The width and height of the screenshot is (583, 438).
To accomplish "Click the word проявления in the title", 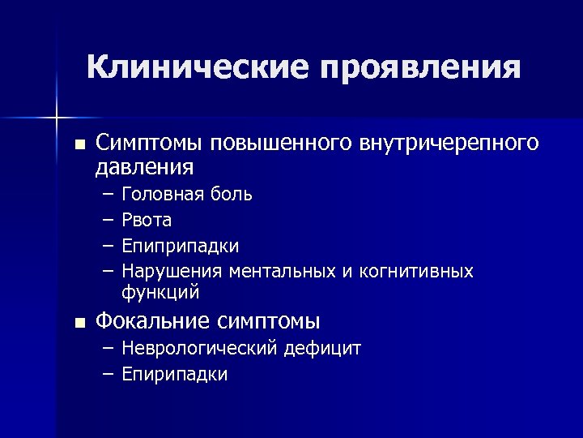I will (419, 68).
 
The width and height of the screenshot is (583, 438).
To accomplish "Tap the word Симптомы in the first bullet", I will (151, 143).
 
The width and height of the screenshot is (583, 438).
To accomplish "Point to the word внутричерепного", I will (449, 143).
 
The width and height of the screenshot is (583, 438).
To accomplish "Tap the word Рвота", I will (147, 220).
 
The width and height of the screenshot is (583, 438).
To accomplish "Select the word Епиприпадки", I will (180, 246).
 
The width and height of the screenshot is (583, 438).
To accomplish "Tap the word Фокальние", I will (153, 321).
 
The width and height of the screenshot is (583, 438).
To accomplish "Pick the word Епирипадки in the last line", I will (174, 374).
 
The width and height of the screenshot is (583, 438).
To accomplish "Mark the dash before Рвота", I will (108, 220).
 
